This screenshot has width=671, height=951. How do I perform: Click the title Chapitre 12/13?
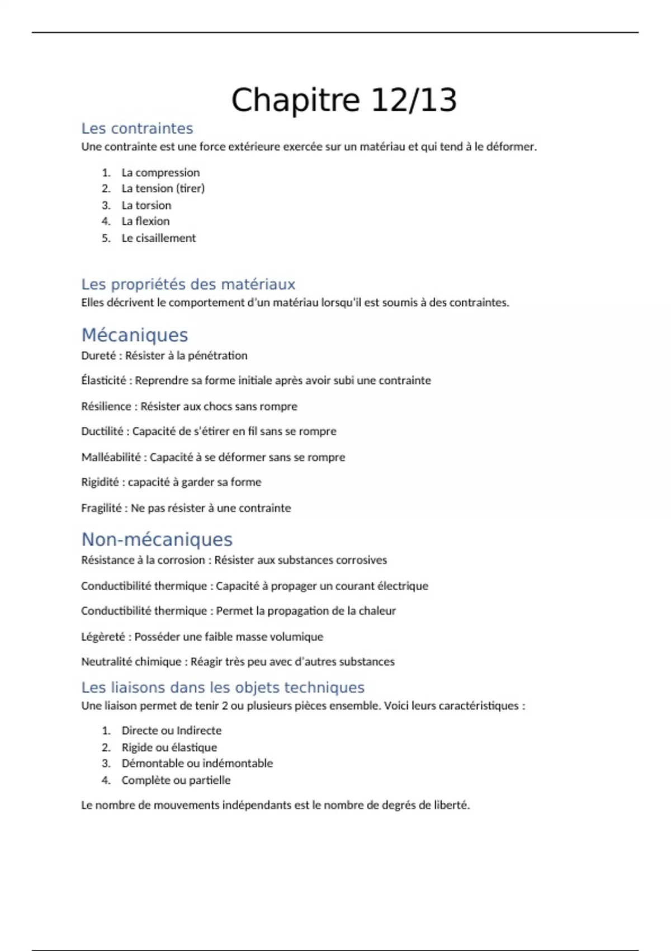[x=344, y=100]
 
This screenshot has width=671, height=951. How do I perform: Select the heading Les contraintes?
[x=137, y=129]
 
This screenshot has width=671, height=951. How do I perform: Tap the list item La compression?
[x=160, y=172]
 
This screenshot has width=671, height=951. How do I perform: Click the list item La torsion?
[x=147, y=205]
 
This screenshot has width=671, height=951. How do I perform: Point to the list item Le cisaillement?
[x=159, y=238]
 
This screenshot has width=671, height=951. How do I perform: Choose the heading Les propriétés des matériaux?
[x=188, y=284]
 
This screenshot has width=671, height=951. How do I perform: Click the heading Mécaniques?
[x=135, y=335]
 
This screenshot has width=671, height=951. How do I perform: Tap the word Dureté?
[x=98, y=356]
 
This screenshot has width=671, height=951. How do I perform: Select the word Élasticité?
[x=104, y=380]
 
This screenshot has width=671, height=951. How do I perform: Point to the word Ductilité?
[x=102, y=431]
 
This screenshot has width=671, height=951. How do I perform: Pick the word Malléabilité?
[x=111, y=457]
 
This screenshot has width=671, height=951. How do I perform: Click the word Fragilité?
[x=101, y=508]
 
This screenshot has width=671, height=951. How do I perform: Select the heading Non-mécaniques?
[x=157, y=539]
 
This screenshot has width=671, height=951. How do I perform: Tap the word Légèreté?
[x=103, y=637]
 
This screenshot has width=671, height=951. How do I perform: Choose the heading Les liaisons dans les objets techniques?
[x=223, y=688]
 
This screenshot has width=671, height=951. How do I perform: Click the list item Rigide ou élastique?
[x=169, y=747]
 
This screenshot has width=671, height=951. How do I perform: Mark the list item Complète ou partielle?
[x=176, y=780]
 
